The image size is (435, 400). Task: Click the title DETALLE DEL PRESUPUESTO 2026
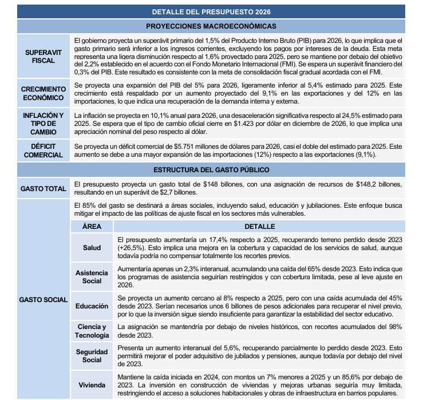pyautogui.click(x=211, y=11)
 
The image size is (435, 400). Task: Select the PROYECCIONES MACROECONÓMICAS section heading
pyautogui.click(x=211, y=26)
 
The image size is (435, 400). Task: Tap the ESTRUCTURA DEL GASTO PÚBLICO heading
pyautogui.click(x=211, y=170)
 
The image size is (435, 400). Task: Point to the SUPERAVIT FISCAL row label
pyautogui.click(x=43, y=56)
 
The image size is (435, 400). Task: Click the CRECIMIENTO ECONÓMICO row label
pyautogui.click(x=43, y=93)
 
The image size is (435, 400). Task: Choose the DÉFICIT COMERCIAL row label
pyautogui.click(x=43, y=151)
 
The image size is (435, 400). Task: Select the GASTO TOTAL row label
pyautogui.click(x=43, y=189)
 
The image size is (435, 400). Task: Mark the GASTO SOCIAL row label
pyautogui.click(x=43, y=299)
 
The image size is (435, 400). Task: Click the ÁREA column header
pyautogui.click(x=92, y=227)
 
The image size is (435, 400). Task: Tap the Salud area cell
pyautogui.click(x=92, y=248)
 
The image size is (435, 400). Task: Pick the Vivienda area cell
pyautogui.click(x=92, y=385)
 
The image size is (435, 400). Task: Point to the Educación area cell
pyautogui.click(x=92, y=306)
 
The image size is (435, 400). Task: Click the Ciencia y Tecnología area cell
pyautogui.click(x=92, y=330)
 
